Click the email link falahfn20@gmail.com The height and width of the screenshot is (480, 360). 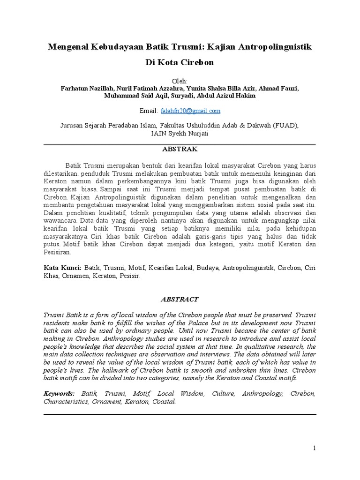tap(190, 111)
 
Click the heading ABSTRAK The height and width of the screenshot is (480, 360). tap(180, 149)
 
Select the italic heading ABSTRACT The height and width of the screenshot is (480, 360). tap(180, 299)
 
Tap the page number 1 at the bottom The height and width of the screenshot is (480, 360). tap(315, 448)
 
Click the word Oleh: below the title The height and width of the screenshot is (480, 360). tap(180, 81)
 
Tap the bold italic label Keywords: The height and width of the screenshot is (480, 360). tap(59, 394)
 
